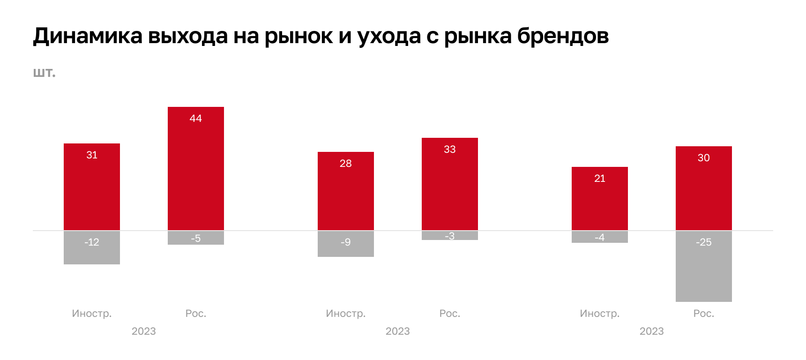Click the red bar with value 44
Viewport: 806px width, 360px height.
[x=196, y=169]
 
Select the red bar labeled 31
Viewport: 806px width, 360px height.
[x=92, y=187]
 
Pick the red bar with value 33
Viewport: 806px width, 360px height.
[x=450, y=184]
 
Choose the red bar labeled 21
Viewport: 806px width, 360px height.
[x=600, y=199]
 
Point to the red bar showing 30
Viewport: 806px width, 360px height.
[x=704, y=188]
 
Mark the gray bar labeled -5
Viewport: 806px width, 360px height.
[x=196, y=238]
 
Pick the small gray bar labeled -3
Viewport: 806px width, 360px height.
[x=450, y=235]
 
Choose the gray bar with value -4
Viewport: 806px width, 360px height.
[x=600, y=237]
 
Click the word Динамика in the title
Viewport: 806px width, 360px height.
[x=88, y=36]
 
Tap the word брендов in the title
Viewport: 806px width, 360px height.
[x=563, y=36]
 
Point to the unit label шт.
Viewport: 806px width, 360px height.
[x=44, y=73]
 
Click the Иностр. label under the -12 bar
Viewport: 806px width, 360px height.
[x=92, y=313]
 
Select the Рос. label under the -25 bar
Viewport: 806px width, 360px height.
[x=704, y=313]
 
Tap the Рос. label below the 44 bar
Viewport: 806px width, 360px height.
[x=196, y=313]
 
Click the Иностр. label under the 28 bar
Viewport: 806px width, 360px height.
[x=346, y=313]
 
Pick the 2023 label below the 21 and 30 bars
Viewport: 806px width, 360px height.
[x=651, y=331]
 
